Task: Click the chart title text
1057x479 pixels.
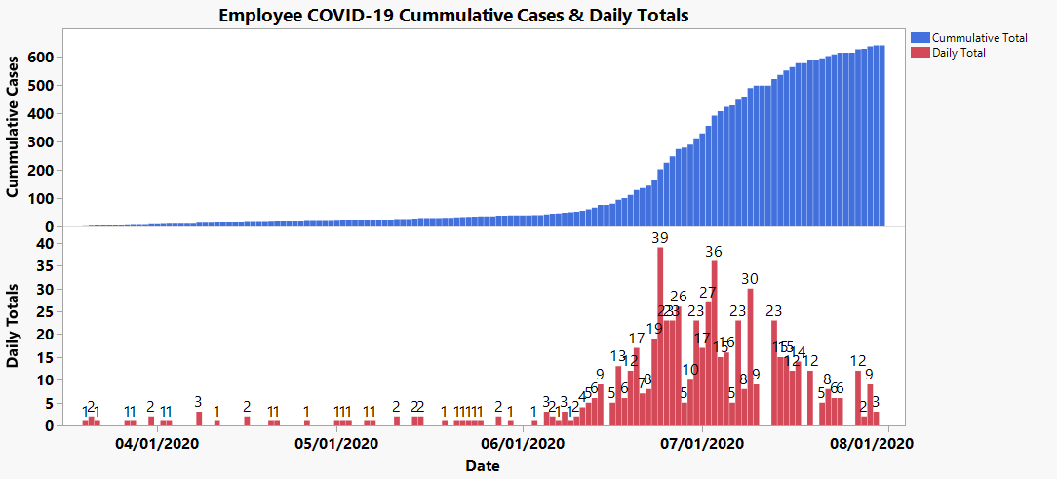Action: coord(453,15)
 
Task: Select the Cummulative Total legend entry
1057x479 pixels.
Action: coord(979,38)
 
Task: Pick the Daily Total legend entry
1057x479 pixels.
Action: coord(959,53)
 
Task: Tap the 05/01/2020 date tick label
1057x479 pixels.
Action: coord(337,444)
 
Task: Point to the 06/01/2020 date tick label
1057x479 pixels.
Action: coord(524,444)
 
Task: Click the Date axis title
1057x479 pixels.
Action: coord(482,465)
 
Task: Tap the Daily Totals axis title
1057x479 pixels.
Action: coord(15,326)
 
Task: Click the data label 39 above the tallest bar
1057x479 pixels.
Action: coord(660,238)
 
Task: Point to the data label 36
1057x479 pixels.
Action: coord(715,252)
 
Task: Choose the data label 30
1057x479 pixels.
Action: coord(750,279)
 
